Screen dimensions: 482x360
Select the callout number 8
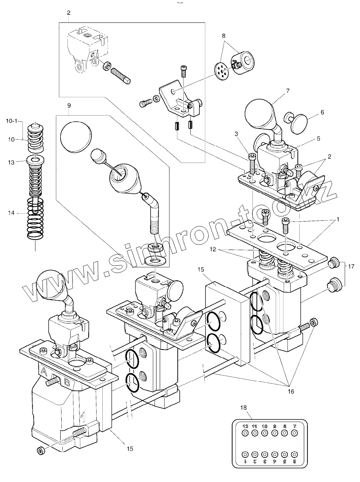[224, 36]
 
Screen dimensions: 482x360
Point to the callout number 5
[318, 138]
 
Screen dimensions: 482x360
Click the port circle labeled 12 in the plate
[245, 433]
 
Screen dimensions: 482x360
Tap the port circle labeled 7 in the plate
[295, 433]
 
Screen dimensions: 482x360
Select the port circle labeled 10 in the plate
[264, 433]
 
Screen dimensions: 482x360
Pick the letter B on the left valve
[67, 382]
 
